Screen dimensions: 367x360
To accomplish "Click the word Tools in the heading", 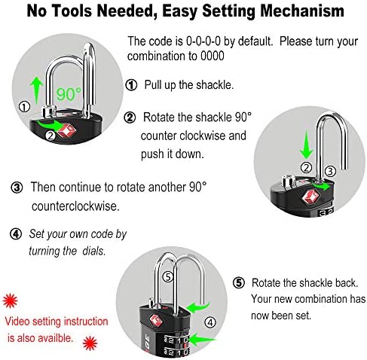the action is [x=72, y=11].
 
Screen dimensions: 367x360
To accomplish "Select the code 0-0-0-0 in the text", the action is [x=203, y=41].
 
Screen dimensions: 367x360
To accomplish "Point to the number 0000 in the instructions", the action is [x=212, y=56].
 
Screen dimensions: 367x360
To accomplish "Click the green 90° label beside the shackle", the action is [x=69, y=94].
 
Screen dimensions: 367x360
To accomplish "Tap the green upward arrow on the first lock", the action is [x=37, y=90].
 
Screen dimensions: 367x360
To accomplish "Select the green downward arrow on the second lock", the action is [x=306, y=145].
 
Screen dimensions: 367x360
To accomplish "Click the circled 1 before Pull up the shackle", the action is [x=131, y=85].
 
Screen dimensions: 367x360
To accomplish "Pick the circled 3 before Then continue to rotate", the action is [x=17, y=188].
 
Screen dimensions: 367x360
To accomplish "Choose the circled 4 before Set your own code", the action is [x=16, y=234].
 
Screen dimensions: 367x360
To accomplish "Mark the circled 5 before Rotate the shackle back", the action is [x=238, y=283].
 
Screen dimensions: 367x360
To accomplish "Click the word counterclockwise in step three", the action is [x=75, y=206].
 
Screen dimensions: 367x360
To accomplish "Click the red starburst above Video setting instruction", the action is [x=10, y=301].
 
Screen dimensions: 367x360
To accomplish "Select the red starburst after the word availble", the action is [x=90, y=343].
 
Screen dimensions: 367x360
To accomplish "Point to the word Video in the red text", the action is [x=17, y=322].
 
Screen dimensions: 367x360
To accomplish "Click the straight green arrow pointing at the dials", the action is [x=202, y=340].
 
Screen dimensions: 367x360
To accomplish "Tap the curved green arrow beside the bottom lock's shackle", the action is [x=197, y=307].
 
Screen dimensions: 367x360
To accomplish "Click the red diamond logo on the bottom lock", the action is [x=154, y=320].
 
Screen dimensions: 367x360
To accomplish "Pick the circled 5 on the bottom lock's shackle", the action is [x=168, y=277].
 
